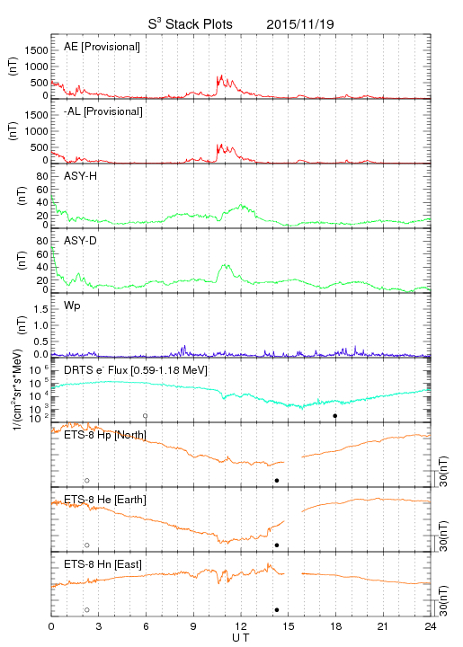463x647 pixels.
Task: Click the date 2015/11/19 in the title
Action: tap(300, 24)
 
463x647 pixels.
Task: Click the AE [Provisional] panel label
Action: tap(102, 47)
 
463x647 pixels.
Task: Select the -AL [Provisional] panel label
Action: tap(103, 111)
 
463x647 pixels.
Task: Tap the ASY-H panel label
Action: tap(81, 176)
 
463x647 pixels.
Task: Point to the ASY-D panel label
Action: tap(81, 241)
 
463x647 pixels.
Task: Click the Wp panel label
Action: tap(72, 306)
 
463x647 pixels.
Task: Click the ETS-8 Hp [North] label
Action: tap(105, 435)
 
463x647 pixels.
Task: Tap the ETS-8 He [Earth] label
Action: tap(105, 500)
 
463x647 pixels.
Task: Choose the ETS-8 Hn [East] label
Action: tap(102, 564)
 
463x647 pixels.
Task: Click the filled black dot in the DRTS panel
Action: tap(335, 416)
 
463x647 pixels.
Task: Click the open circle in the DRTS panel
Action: tap(146, 416)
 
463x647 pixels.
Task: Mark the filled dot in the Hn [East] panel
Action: tap(277, 610)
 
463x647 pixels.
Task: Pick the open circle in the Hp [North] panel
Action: tap(87, 480)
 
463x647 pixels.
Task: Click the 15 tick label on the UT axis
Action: tap(289, 626)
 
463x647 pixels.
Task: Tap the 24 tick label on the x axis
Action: tap(431, 626)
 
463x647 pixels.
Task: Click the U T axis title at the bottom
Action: tap(241, 638)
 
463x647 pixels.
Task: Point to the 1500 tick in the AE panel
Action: tap(36, 50)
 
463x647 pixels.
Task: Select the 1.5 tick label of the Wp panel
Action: tap(40, 309)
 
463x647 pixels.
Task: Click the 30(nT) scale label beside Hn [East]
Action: tap(443, 600)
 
